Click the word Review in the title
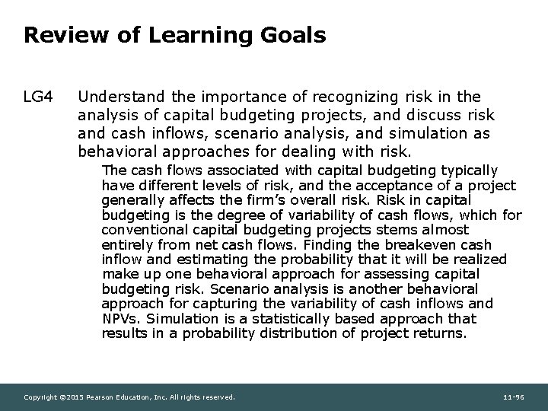coord(57,35)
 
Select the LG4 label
coord(39,97)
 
